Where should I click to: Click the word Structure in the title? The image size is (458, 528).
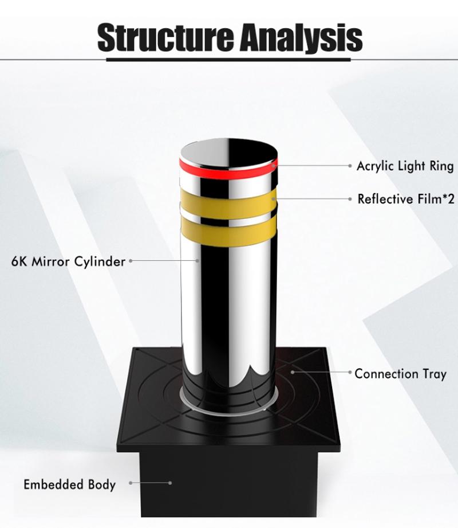coord(165,37)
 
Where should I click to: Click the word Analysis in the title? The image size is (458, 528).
coord(301,38)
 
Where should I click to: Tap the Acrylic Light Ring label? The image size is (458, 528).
coord(405,166)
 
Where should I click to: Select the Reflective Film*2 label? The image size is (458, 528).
coord(405,199)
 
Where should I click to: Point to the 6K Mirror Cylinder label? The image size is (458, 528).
coord(68,261)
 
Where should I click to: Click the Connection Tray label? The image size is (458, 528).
coord(400,374)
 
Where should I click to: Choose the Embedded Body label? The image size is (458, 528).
coord(70,484)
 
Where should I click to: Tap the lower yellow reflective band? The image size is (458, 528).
coord(228,232)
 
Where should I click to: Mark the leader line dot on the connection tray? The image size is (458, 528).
coord(293,372)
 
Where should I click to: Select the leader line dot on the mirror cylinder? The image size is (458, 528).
coord(198,260)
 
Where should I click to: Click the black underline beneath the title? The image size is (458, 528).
coord(228,60)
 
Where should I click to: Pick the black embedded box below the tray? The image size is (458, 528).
coord(228,484)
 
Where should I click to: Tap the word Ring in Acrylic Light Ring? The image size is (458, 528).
coord(441,166)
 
